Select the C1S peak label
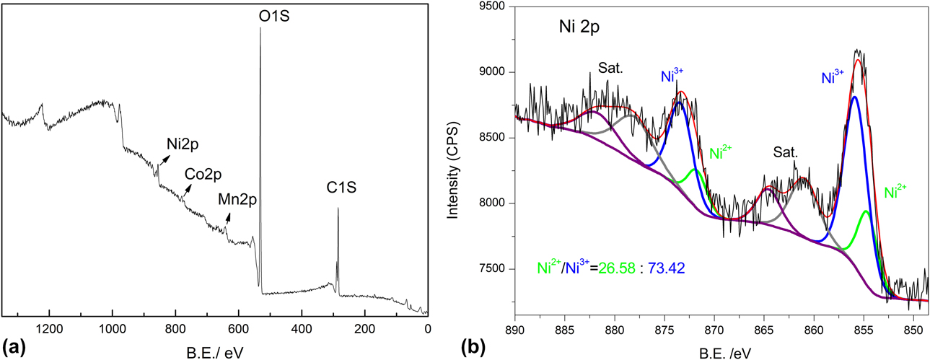338,189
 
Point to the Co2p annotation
203,174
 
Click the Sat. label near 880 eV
610,69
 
